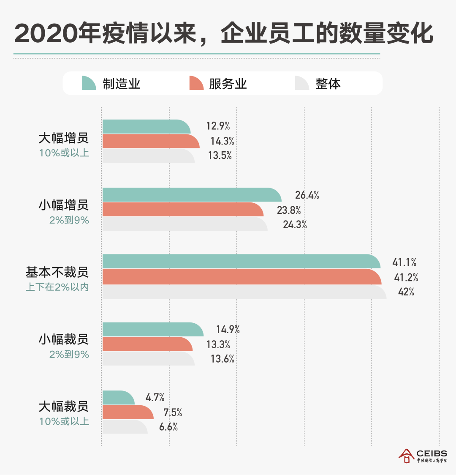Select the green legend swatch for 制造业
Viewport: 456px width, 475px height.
(x=89, y=83)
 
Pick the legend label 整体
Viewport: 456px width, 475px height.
(x=328, y=84)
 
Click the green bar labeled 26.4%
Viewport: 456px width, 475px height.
(x=191, y=195)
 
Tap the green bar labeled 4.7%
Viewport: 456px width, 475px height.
(x=118, y=397)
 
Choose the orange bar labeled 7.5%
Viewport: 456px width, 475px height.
(x=128, y=412)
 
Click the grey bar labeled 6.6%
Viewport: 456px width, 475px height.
(x=125, y=427)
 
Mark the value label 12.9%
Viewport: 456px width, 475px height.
(x=218, y=126)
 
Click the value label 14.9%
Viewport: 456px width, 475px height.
(x=228, y=330)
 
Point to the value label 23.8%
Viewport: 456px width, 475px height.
(x=289, y=210)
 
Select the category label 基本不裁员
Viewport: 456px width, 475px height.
(x=57, y=272)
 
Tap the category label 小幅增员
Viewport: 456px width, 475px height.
(x=63, y=205)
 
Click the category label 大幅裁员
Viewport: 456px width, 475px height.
(x=63, y=407)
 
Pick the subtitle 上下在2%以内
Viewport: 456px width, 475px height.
(x=57, y=287)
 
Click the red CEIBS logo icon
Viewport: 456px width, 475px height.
(x=406, y=456)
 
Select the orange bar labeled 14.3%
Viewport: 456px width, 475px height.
(x=150, y=141)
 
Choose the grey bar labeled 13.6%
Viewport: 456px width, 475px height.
(x=148, y=359)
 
